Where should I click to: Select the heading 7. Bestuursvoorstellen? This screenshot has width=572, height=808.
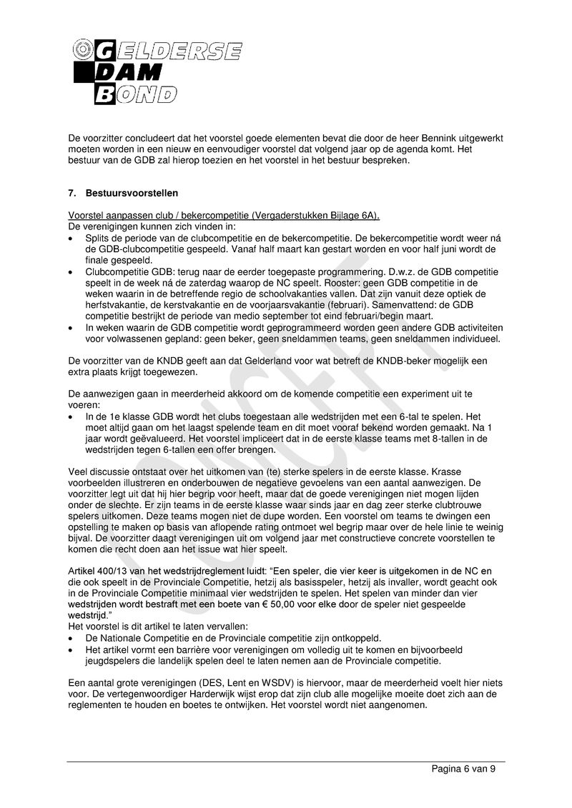(x=122, y=194)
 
